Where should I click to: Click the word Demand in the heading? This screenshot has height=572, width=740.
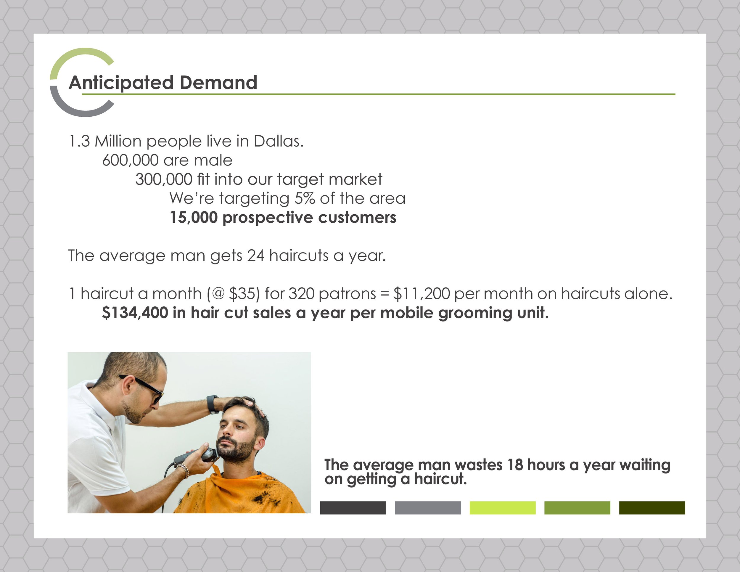click(218, 82)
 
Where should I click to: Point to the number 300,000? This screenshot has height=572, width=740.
click(164, 179)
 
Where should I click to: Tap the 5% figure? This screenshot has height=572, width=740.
click(305, 198)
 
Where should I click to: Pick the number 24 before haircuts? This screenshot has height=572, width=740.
click(255, 256)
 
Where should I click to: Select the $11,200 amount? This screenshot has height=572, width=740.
click(422, 293)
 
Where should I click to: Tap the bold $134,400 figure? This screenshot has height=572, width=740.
click(135, 312)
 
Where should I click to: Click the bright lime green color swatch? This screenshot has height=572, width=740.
click(503, 508)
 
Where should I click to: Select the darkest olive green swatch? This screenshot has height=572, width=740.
click(652, 508)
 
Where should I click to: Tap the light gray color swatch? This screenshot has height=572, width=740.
click(428, 508)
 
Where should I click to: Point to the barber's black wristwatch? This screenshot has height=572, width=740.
click(213, 404)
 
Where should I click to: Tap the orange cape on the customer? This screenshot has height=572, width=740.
click(241, 495)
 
